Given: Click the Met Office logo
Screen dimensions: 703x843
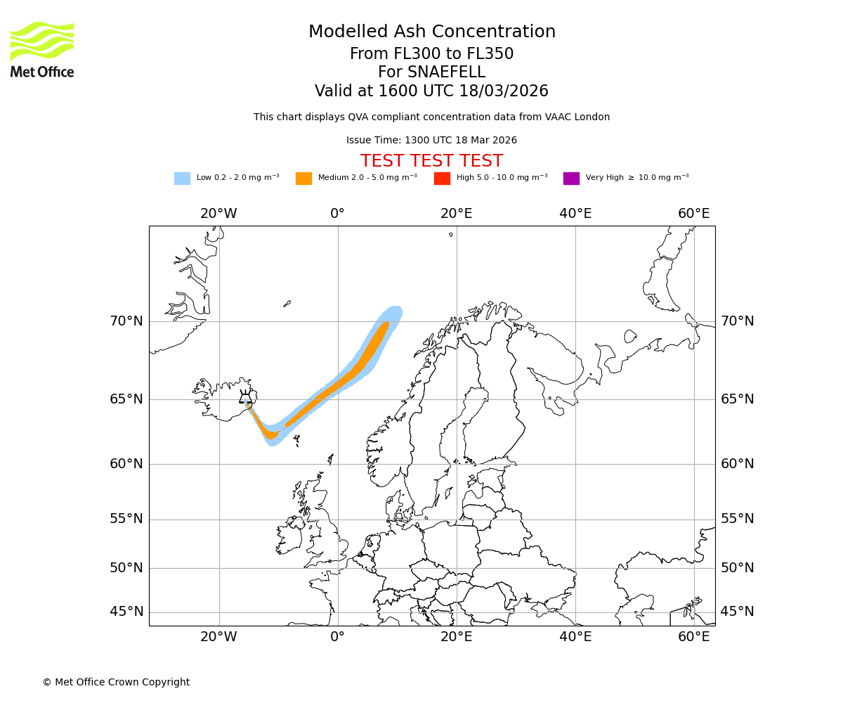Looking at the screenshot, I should pyautogui.click(x=42, y=49).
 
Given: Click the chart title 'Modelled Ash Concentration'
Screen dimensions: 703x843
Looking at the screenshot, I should pyautogui.click(x=431, y=32).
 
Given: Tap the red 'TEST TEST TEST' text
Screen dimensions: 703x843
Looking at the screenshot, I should pyautogui.click(x=431, y=162).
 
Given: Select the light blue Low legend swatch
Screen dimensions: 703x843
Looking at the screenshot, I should pyautogui.click(x=182, y=179).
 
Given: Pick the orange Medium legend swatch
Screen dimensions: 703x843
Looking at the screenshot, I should pyautogui.click(x=303, y=179).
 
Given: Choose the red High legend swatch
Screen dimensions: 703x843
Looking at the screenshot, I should pyautogui.click(x=442, y=179).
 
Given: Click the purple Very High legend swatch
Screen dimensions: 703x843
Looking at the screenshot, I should pyautogui.click(x=571, y=179).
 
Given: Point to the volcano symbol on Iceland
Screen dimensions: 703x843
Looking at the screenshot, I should pyautogui.click(x=245, y=397).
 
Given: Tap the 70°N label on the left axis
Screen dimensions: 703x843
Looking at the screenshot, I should pyautogui.click(x=126, y=321).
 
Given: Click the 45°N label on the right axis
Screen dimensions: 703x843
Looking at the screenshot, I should pyautogui.click(x=737, y=612).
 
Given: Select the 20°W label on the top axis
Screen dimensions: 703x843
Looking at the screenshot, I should pyautogui.click(x=218, y=214).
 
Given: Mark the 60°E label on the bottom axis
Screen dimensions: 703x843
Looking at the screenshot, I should pyautogui.click(x=693, y=637).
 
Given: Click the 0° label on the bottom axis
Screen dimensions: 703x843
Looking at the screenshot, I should pyautogui.click(x=337, y=637).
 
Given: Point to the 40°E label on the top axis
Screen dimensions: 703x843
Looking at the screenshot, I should pyautogui.click(x=575, y=214).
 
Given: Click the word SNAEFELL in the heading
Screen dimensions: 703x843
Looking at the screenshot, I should pyautogui.click(x=431, y=72).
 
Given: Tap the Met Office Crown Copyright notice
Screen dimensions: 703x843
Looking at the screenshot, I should pyautogui.click(x=116, y=682).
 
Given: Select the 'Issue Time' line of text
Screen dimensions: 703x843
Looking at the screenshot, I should pyautogui.click(x=431, y=141).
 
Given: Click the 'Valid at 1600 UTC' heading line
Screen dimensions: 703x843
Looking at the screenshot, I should pyautogui.click(x=431, y=91).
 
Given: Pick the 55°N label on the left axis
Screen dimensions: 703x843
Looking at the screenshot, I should pyautogui.click(x=126, y=519).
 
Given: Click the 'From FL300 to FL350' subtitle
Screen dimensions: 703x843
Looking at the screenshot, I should pyautogui.click(x=431, y=54).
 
